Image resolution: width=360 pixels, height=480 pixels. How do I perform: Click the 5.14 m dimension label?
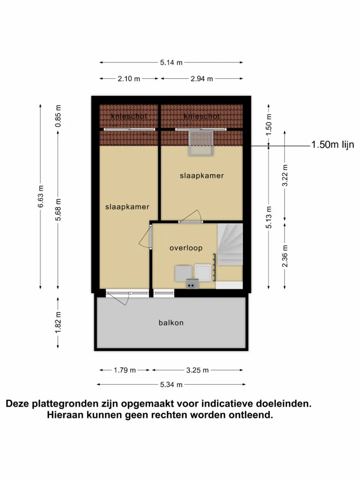(x=171, y=63)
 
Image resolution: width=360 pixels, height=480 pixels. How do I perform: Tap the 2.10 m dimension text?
(x=129, y=79)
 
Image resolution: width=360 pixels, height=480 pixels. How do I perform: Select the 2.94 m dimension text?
(x=202, y=79)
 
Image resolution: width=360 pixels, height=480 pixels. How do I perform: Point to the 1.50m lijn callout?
(x=332, y=145)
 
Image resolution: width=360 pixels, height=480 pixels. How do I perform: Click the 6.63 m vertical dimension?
(x=41, y=196)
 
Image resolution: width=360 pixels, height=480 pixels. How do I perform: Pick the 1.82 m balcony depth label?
(x=58, y=322)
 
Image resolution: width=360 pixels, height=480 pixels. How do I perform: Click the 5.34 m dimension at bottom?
(x=171, y=384)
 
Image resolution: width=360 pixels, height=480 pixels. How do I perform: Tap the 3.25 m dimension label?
(x=197, y=370)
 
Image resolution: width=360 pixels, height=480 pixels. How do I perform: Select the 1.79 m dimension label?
(x=125, y=370)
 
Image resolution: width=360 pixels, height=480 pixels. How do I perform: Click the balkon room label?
(x=171, y=322)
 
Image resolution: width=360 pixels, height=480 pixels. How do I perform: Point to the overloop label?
(x=186, y=248)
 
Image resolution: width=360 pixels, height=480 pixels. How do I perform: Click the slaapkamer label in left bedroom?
(x=127, y=207)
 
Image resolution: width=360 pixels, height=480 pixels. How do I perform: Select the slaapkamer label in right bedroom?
(x=202, y=175)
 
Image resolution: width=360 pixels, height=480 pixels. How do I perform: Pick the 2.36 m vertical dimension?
(x=285, y=256)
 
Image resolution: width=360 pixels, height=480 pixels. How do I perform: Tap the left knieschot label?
(x=129, y=116)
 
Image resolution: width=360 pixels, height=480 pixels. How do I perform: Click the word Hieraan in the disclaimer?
(x=65, y=415)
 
